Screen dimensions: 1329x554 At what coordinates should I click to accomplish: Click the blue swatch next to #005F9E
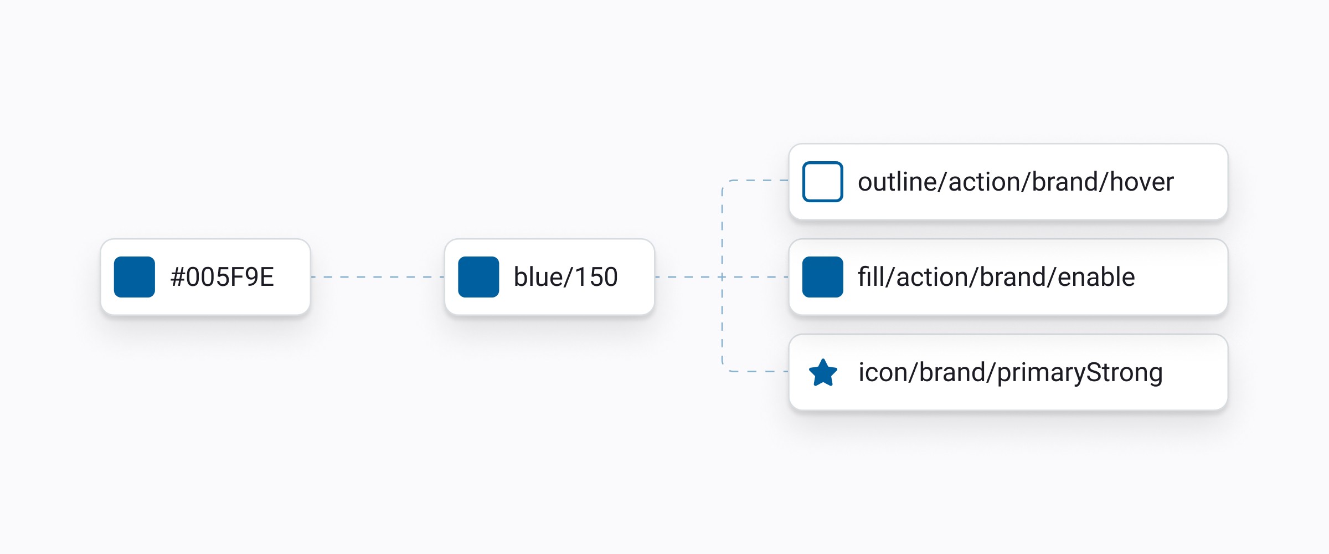point(135,277)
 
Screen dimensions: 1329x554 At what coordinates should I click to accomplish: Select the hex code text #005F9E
point(222,277)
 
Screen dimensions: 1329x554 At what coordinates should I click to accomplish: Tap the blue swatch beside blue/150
point(478,277)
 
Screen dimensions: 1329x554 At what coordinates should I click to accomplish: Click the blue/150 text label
point(565,277)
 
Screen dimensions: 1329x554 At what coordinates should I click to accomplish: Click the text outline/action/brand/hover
point(1016,182)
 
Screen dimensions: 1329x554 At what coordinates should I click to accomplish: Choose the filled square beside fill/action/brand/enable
point(823,277)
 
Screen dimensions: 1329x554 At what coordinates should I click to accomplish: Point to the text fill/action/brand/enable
point(996,277)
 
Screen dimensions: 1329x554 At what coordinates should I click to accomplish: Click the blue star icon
point(823,373)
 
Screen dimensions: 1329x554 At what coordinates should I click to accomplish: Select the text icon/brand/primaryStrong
point(1011,373)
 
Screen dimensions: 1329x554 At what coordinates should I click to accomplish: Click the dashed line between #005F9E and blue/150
point(378,277)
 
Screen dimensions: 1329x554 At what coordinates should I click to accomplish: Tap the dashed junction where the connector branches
point(722,277)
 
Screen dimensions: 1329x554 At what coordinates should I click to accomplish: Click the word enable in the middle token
point(1096,277)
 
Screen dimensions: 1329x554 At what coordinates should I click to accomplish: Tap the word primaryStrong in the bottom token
point(1080,373)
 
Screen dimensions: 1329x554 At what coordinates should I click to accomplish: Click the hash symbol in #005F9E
point(178,277)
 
